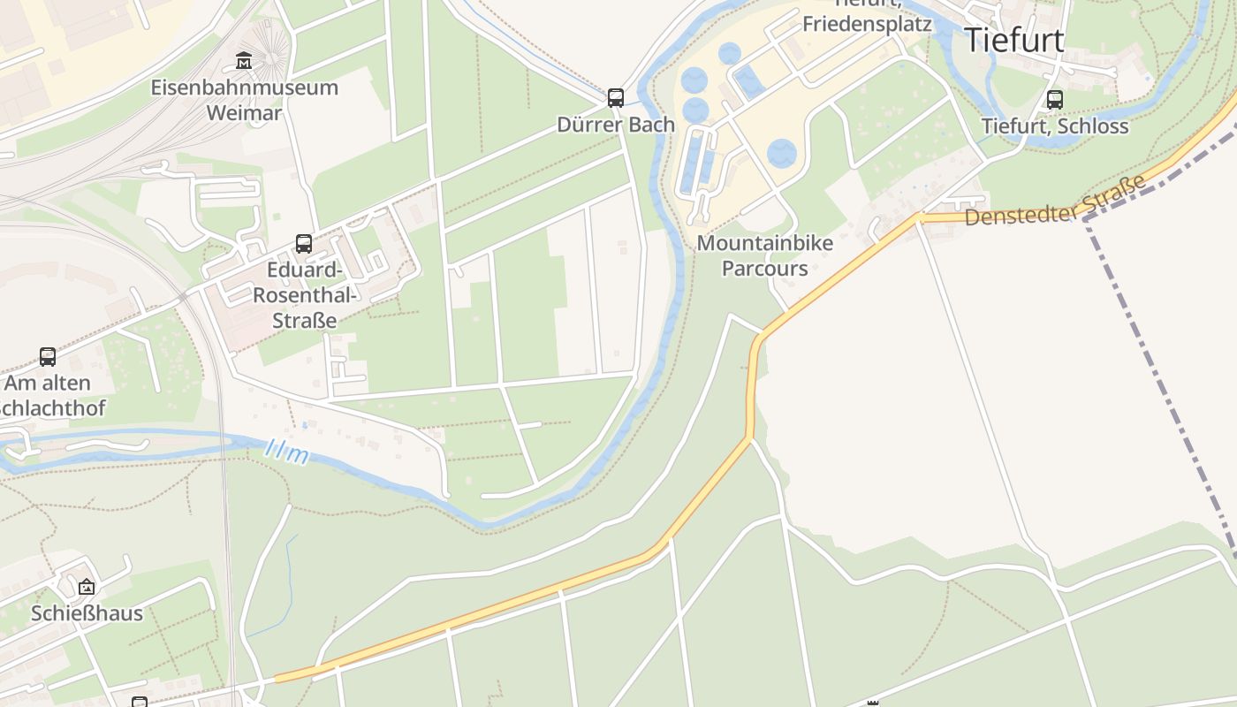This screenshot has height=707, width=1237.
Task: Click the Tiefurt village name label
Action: click(1013, 41)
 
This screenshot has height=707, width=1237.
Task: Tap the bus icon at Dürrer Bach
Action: click(616, 97)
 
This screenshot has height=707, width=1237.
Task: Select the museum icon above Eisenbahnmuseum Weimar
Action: click(244, 61)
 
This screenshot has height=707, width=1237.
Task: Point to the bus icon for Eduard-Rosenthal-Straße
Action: click(304, 243)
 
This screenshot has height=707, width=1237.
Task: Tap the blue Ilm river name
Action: click(287, 453)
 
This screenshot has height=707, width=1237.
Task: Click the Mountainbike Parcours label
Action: click(765, 255)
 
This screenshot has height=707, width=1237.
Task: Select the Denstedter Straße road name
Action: click(1056, 201)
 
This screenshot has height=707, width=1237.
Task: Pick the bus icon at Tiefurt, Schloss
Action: click(1054, 99)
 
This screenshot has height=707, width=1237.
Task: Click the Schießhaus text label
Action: click(87, 613)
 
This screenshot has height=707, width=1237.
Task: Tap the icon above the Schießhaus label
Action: click(86, 587)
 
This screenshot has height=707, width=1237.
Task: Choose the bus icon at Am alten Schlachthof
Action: click(48, 357)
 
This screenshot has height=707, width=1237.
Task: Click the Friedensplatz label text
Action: click(867, 24)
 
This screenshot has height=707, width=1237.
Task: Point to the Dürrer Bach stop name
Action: click(616, 125)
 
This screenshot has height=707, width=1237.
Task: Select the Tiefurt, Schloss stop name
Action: click(1055, 125)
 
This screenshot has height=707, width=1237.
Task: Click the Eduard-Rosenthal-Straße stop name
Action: click(304, 294)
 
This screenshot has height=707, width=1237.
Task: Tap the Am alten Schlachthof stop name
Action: click(49, 395)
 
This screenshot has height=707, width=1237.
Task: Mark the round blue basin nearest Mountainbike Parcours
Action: click(781, 154)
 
